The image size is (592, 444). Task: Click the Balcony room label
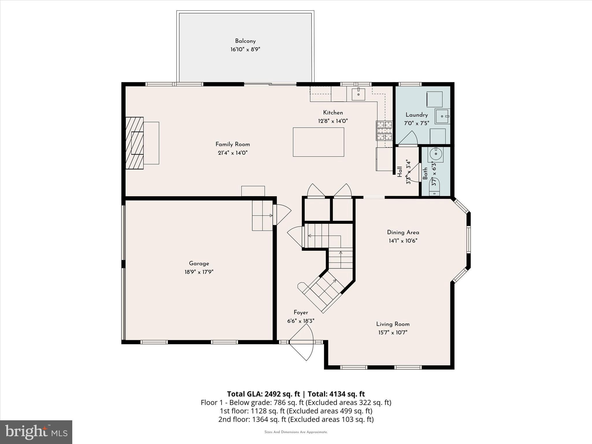(245, 41)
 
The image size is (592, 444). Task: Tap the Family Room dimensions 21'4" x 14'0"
(232, 153)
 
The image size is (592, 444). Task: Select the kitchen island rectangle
(318, 142)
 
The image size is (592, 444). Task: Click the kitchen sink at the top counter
(358, 94)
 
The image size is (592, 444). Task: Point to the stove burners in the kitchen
(384, 130)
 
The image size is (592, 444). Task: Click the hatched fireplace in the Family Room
(135, 143)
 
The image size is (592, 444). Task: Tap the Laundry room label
(417, 115)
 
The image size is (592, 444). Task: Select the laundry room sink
(442, 116)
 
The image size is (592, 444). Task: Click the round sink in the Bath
(436, 154)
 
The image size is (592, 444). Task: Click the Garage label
(199, 263)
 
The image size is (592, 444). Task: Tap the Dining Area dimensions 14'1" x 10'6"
(403, 240)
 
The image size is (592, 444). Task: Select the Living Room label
(393, 324)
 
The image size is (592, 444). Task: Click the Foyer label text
(301, 312)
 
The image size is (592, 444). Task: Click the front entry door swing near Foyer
(302, 344)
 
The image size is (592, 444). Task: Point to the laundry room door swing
(408, 138)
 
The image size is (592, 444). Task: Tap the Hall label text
(400, 171)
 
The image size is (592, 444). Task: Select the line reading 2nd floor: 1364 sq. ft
(296, 419)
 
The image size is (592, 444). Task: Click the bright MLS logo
(36, 432)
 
